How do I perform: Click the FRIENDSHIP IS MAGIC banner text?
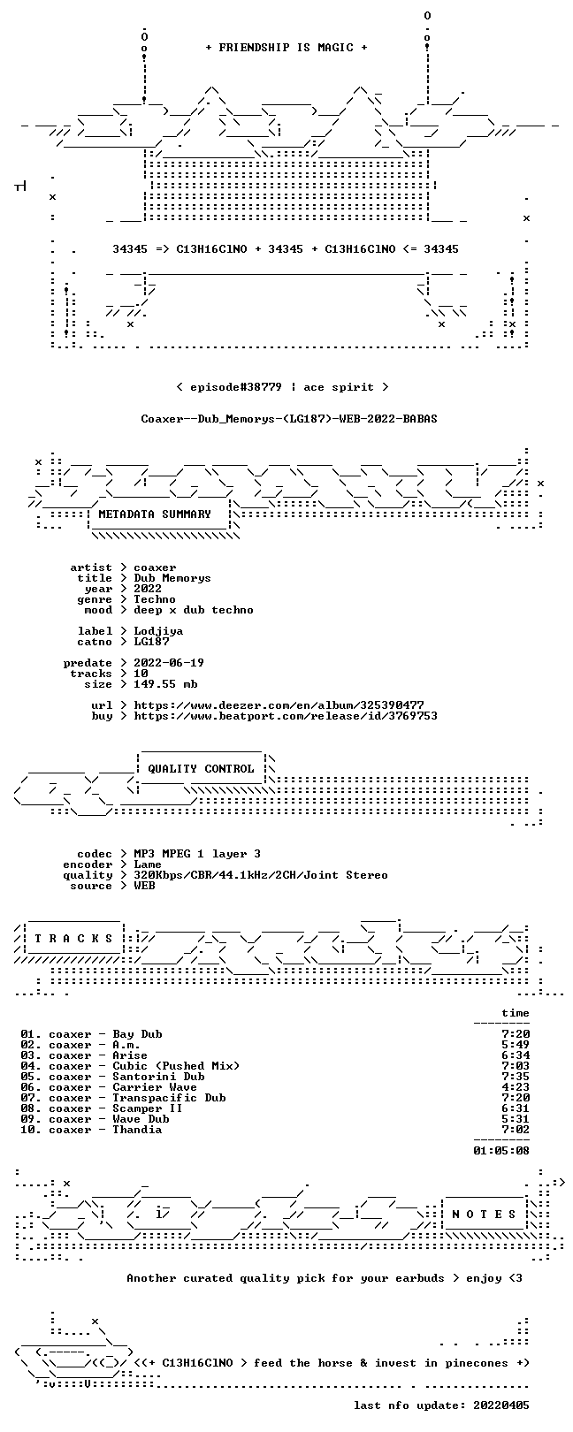tap(286, 48)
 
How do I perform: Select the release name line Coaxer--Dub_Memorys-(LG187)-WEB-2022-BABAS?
tap(289, 419)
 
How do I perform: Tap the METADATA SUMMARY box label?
tap(154, 514)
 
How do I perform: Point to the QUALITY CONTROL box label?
tap(201, 768)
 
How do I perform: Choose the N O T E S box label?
tap(484, 1214)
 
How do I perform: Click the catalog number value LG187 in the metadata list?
tap(151, 641)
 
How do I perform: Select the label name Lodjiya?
tap(158, 631)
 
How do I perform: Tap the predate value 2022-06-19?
tap(169, 662)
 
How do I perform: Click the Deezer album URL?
tap(279, 705)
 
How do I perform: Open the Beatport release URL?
tap(286, 716)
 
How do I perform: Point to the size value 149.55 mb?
tap(165, 684)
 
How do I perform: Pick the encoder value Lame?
tap(148, 865)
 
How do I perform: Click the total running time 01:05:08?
tap(501, 1151)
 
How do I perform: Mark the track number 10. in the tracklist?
tap(31, 1130)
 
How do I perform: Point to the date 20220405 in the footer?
tap(501, 1405)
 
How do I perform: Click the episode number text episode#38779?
tap(236, 387)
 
